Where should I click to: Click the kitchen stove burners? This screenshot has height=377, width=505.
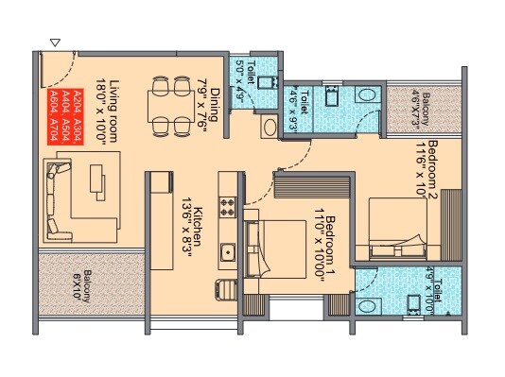point(227,204)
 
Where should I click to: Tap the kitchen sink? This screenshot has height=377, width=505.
point(227,251)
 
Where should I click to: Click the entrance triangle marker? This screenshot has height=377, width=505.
point(55,42)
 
